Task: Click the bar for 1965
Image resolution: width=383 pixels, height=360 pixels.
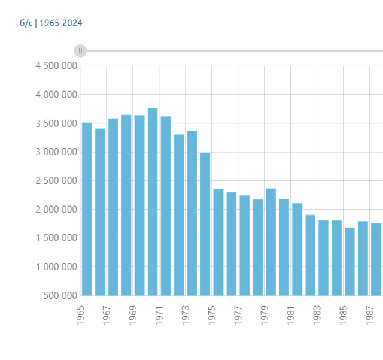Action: [87, 209]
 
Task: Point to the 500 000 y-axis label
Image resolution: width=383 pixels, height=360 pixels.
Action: [60, 295]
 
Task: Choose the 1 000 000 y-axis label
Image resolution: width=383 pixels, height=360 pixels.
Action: [56, 267]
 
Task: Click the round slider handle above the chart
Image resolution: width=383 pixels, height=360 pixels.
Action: [80, 50]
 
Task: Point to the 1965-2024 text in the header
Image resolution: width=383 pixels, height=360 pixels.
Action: [61, 23]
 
